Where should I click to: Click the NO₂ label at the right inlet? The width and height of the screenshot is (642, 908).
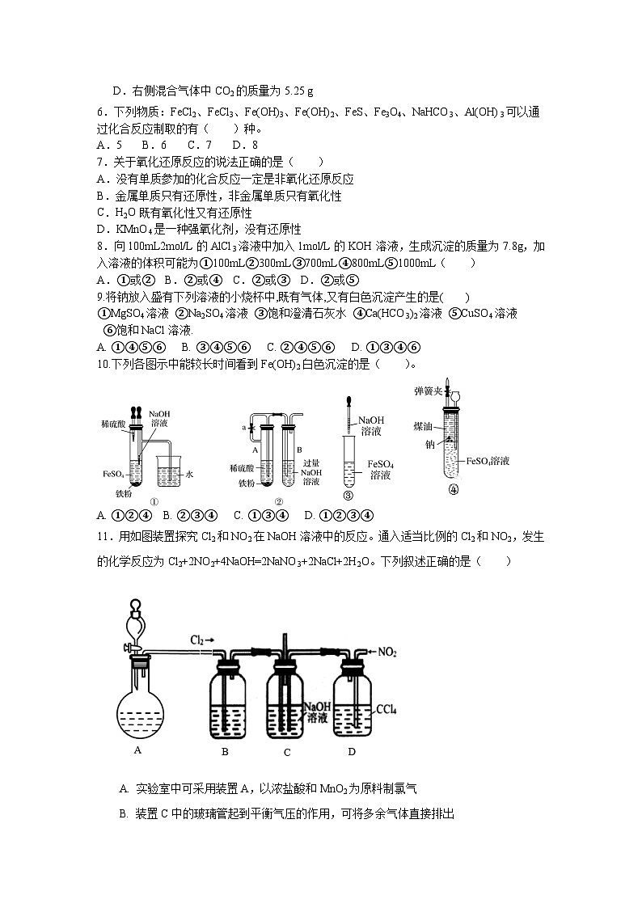click(x=390, y=650)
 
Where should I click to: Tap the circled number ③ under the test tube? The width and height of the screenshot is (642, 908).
click(x=348, y=496)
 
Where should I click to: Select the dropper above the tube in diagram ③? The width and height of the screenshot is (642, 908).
click(x=348, y=412)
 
